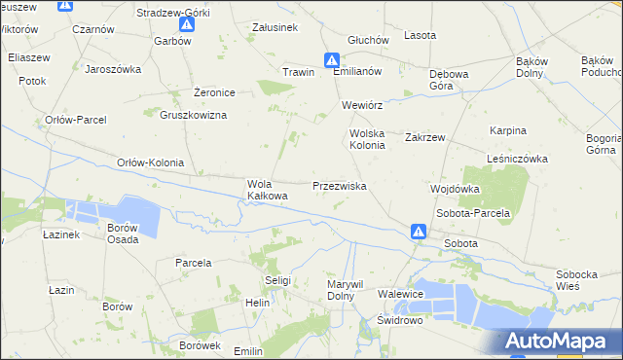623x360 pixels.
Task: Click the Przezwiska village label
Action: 339,185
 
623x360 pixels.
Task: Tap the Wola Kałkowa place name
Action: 268,190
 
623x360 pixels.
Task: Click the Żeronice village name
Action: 214,92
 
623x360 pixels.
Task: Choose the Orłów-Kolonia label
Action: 150,162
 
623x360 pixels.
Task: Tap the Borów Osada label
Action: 123,234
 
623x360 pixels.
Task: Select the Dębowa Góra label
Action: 449,80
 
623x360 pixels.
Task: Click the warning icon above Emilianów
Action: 332,58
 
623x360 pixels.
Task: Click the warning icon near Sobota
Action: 418,232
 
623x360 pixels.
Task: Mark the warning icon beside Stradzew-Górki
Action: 64,5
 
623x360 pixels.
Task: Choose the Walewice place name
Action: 401,294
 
